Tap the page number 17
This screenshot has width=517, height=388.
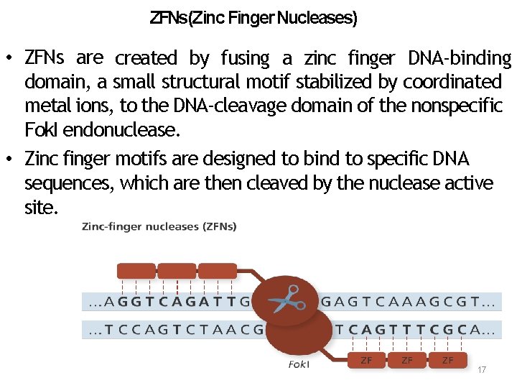point(482,369)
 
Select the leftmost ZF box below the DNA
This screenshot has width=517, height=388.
point(366,360)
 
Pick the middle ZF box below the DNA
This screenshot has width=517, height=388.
point(407,360)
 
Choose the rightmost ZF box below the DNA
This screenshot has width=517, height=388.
point(448,360)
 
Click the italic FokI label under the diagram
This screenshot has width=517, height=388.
point(299,364)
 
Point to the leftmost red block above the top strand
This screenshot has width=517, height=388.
point(136,271)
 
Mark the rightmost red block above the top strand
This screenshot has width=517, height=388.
point(218,271)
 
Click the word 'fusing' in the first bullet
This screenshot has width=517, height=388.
point(245,58)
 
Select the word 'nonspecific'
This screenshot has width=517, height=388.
point(457,107)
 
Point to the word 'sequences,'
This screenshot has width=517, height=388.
point(69,184)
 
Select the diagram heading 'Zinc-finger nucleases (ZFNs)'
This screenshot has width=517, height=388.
point(159,227)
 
